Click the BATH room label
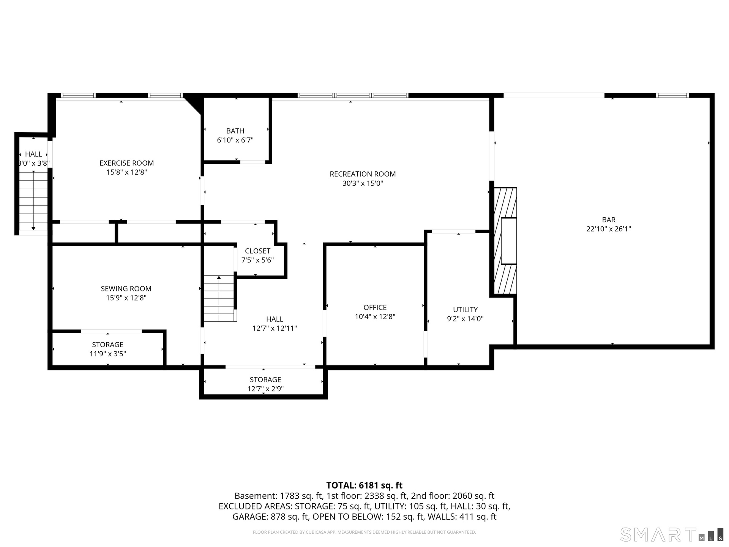(x=235, y=131)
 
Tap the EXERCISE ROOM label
(x=126, y=163)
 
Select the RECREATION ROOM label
(x=363, y=174)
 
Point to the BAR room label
(x=609, y=220)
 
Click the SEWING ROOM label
(x=126, y=289)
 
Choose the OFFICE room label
(x=375, y=307)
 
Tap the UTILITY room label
(x=465, y=310)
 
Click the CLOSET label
(x=257, y=251)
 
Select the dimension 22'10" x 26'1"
(x=609, y=229)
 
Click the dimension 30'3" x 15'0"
(x=363, y=183)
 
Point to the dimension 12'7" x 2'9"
(x=265, y=389)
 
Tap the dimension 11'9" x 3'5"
(x=107, y=354)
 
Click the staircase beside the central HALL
(x=220, y=299)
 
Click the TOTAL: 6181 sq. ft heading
(x=364, y=485)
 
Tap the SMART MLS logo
(x=672, y=534)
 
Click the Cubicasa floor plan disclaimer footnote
(x=364, y=532)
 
